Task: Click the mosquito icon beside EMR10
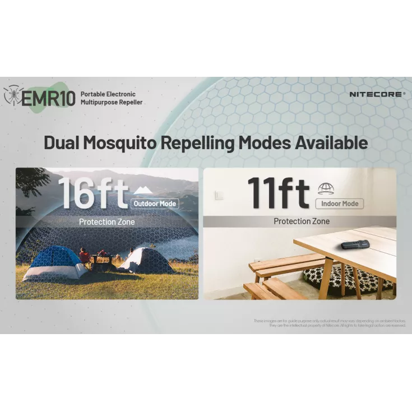pos(12,96)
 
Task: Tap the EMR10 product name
pos(48,98)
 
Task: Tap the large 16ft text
pos(92,193)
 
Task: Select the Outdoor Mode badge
pos(154,203)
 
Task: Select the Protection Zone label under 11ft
pos(302,221)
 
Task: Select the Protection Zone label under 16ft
pos(107,222)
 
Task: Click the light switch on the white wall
pos(218,195)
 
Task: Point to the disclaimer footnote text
pos(330,323)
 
